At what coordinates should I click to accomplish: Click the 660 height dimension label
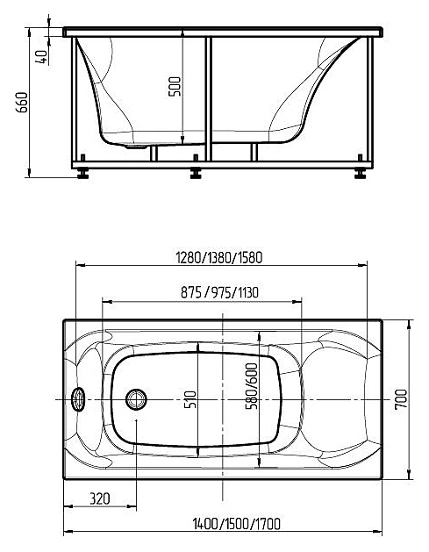pyautogui.click(x=22, y=103)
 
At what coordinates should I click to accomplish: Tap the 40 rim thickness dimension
pyautogui.click(x=42, y=56)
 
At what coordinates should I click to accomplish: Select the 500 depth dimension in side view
pyautogui.click(x=175, y=87)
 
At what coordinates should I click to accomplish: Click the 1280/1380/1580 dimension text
pyautogui.click(x=219, y=258)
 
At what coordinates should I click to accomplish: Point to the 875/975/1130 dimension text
pyautogui.click(x=219, y=292)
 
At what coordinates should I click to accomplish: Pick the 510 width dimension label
pyautogui.click(x=190, y=399)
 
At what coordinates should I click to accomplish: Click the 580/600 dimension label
pyautogui.click(x=252, y=386)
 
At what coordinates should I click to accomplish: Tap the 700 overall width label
pyautogui.click(x=401, y=399)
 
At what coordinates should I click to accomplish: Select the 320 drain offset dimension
pyautogui.click(x=100, y=498)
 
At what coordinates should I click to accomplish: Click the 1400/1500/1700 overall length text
pyautogui.click(x=237, y=524)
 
